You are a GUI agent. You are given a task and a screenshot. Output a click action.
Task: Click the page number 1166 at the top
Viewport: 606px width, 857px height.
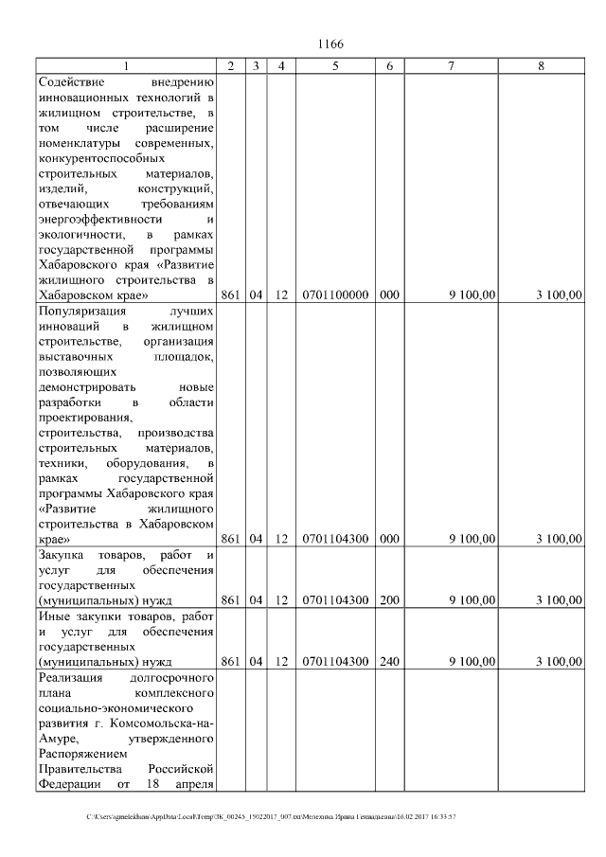(x=330, y=45)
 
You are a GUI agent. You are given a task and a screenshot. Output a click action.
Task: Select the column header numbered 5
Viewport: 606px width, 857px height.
(x=335, y=66)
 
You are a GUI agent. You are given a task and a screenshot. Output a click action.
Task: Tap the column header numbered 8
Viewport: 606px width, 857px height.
(x=541, y=66)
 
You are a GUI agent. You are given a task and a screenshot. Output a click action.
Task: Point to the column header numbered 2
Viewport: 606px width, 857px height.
(x=231, y=66)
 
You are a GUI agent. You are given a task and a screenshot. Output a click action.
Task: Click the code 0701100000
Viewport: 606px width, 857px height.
(x=335, y=295)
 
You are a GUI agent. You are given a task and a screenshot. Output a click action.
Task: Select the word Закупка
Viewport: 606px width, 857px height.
(x=62, y=554)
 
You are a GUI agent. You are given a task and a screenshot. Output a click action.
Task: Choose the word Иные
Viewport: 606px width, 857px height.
(x=53, y=616)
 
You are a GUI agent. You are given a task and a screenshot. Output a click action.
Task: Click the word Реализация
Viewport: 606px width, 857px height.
(x=69, y=677)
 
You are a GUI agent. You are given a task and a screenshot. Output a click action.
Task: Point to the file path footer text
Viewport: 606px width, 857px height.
(x=272, y=815)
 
